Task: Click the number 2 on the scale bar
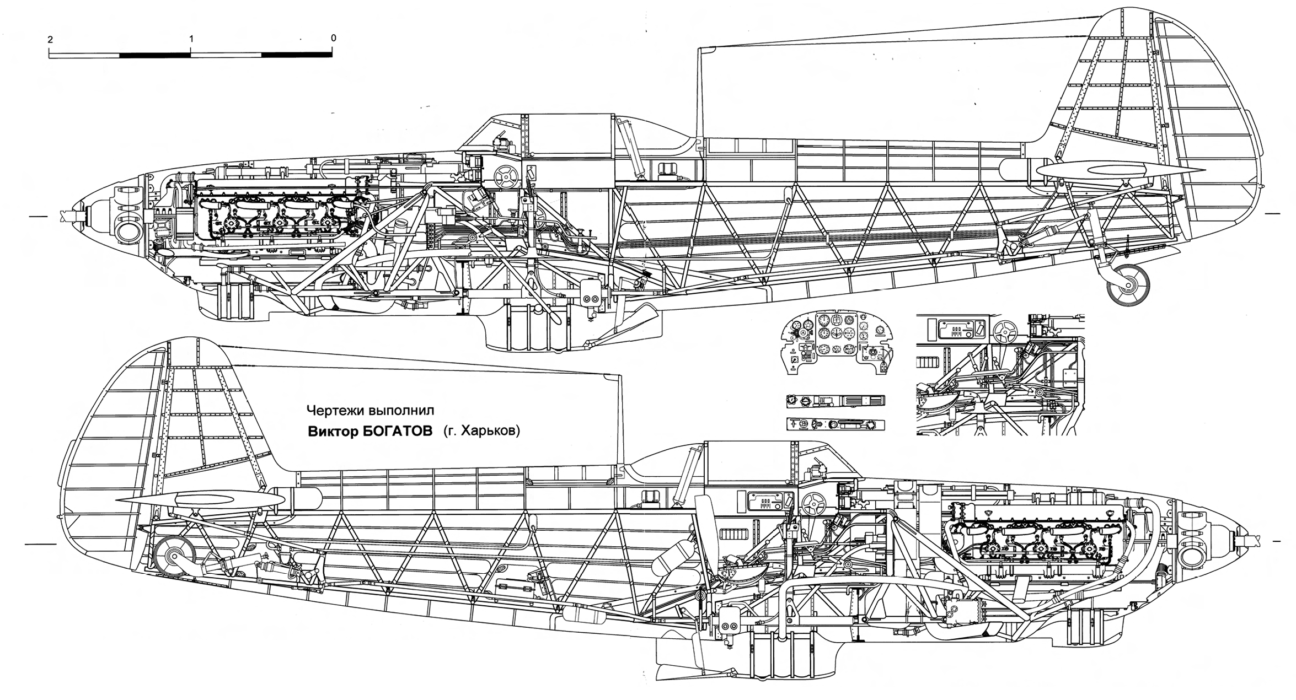coord(50,39)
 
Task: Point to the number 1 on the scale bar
coord(191,39)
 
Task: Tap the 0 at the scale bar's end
coord(333,38)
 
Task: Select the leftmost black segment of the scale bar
coord(155,55)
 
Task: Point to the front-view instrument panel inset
coord(837,344)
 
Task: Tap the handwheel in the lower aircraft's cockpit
coord(813,503)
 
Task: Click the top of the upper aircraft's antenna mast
coord(699,50)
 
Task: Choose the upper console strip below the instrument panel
coord(835,401)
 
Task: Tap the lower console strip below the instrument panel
coord(835,424)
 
